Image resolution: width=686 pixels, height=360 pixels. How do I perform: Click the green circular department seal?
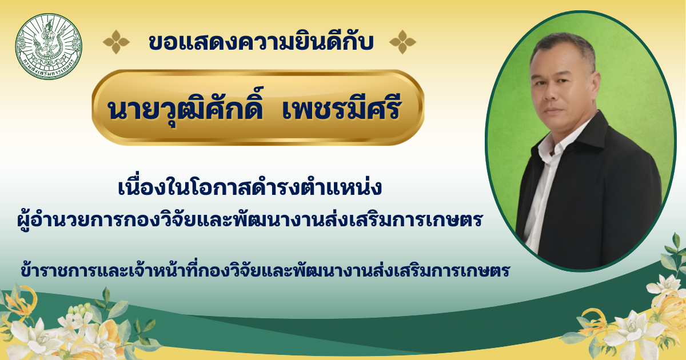coord(49,46)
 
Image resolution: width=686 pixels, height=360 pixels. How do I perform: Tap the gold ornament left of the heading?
coord(116,42)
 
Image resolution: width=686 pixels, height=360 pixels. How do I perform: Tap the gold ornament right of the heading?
coord(402,42)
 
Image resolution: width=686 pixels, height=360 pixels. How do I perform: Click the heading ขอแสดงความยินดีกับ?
coord(261,42)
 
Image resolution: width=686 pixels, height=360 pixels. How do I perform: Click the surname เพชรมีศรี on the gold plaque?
coord(341,108)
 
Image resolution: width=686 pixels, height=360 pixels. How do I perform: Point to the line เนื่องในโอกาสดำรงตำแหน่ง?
coord(250,187)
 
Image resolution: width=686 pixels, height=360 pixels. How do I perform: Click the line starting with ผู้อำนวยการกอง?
coord(250,219)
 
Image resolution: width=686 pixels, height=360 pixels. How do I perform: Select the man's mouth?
coord(551,110)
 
